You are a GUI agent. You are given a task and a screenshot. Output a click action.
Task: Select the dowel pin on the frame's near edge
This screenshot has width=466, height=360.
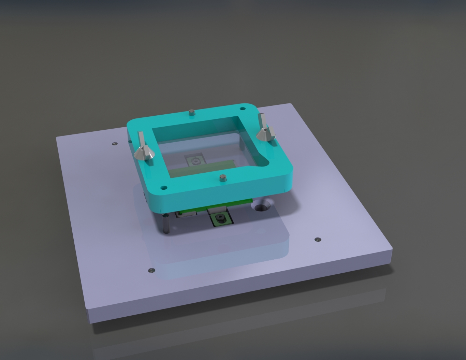click(x=223, y=178)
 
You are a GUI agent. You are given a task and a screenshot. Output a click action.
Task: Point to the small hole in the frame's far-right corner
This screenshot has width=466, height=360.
click(x=243, y=109)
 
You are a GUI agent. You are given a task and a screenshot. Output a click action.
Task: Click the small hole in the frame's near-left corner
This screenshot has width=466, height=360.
click(x=163, y=188)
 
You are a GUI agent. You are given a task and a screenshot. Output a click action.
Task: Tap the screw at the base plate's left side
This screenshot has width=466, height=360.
click(x=114, y=144)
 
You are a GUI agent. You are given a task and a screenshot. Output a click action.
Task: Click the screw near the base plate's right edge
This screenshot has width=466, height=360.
click(x=318, y=239)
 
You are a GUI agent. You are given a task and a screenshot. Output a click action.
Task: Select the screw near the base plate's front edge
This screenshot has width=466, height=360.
click(x=150, y=271)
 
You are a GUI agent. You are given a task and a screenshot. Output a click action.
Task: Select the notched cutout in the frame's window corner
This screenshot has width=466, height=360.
click(x=264, y=160)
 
